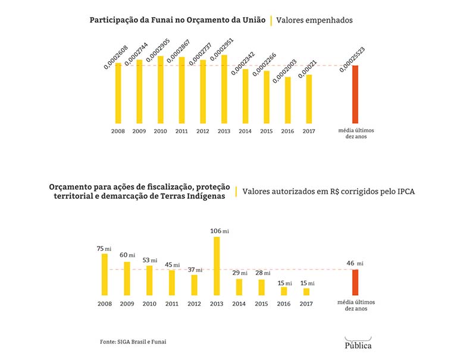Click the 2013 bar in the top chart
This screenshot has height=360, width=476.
(224, 89)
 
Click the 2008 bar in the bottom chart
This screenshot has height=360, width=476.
(105, 274)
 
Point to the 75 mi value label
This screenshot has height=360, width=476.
(105, 248)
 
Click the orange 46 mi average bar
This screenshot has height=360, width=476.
(355, 282)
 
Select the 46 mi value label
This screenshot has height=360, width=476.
(355, 263)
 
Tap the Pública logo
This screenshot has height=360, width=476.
(358, 344)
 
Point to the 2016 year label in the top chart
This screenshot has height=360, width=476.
(287, 131)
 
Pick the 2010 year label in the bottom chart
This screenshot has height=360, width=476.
(149, 303)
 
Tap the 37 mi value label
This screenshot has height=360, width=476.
(194, 270)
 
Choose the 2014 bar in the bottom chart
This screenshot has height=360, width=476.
(239, 287)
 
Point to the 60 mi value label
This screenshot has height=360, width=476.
(127, 255)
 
